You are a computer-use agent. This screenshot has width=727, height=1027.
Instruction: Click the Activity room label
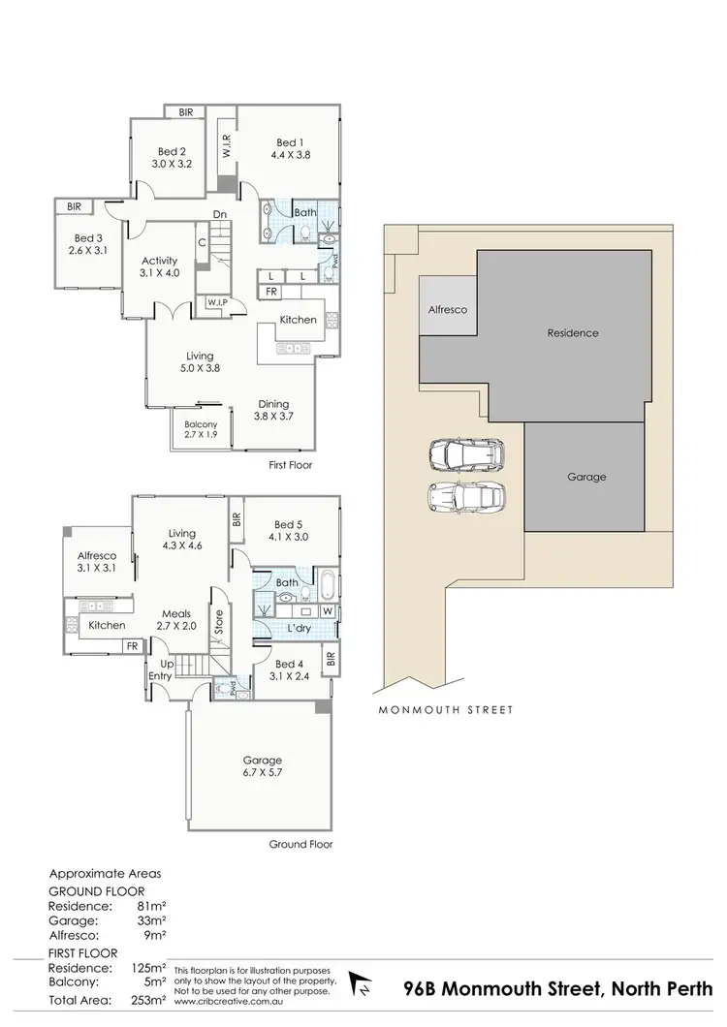(x=158, y=261)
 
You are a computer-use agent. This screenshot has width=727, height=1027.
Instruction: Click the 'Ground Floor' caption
(x=300, y=844)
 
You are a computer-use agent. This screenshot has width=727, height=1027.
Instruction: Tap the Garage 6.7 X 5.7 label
(x=262, y=767)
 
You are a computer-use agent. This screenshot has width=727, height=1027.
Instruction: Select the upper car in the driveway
(x=466, y=452)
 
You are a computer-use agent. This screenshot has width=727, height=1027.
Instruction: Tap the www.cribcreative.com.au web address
(x=223, y=1002)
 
